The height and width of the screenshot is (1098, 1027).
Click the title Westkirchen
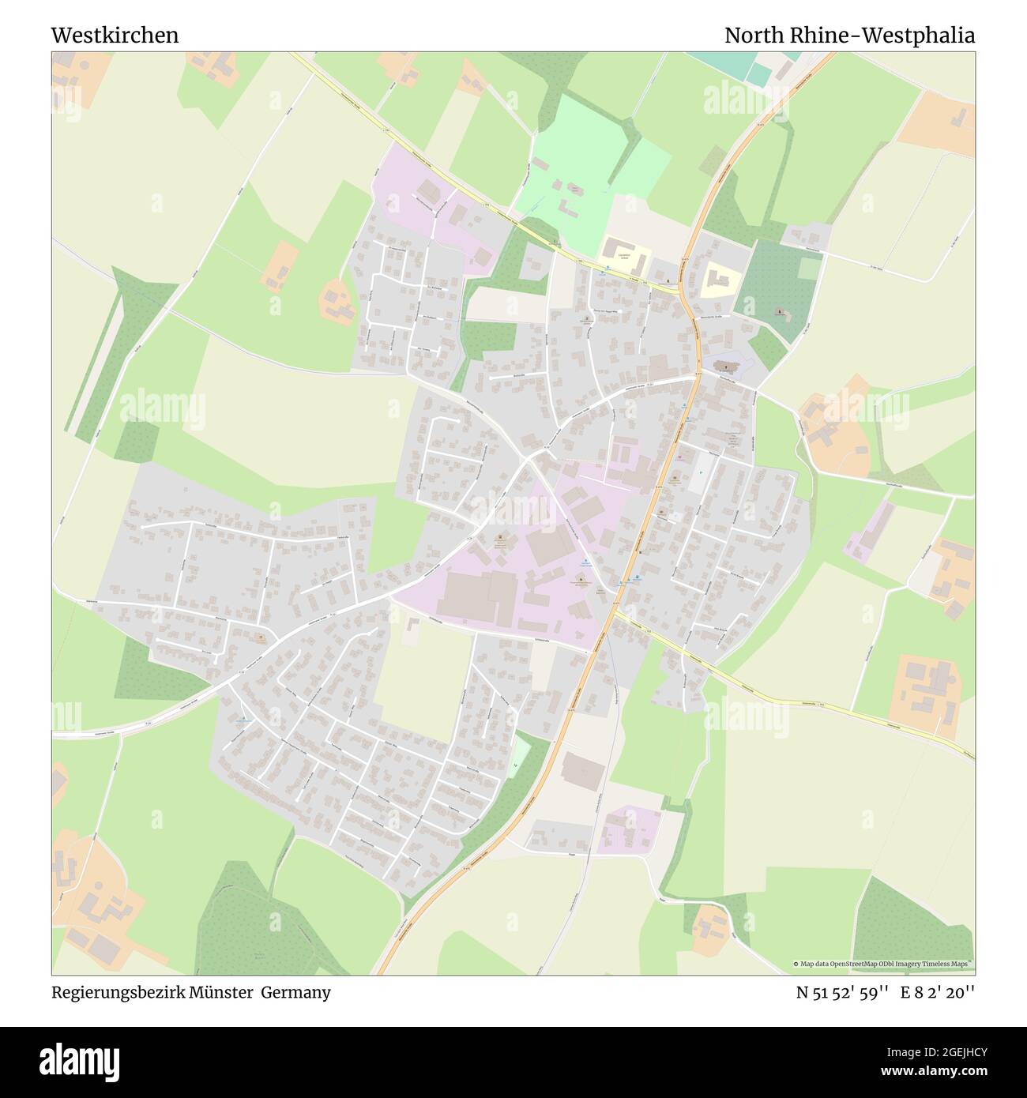coord(115,36)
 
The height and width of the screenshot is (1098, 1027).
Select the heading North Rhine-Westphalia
coord(849,36)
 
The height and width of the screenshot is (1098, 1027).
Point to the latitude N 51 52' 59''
coord(843,992)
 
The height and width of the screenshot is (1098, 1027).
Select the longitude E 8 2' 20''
coord(939,992)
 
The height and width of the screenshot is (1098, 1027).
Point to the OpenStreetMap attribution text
coord(882,964)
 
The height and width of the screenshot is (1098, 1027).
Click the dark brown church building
coord(724,366)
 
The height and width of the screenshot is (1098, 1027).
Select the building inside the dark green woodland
coord(783,314)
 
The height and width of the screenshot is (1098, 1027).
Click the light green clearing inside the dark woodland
coord(808,269)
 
